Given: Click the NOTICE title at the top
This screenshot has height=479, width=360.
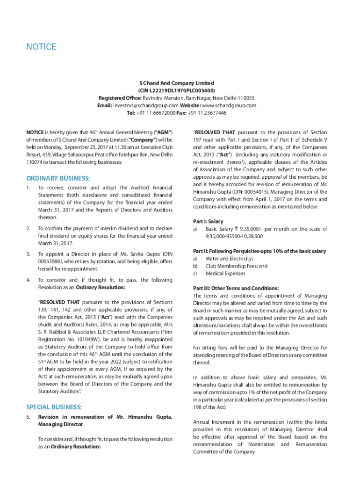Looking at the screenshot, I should tap(41, 47).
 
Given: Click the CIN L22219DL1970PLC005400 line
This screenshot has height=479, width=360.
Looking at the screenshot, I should tap(176, 90).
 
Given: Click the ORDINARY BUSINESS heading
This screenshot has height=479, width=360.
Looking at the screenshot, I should tap(58, 178).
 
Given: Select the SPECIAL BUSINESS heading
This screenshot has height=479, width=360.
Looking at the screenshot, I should tap(54, 407).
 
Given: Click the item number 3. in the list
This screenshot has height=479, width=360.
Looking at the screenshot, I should tap(29, 254).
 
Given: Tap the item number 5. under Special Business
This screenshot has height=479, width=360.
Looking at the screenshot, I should tap(29, 417).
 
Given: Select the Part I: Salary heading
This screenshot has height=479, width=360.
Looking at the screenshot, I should tap(208, 221).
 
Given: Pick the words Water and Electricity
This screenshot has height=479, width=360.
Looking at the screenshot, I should tap(229, 259).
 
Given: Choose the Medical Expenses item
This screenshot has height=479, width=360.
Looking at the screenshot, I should tap(225, 274).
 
